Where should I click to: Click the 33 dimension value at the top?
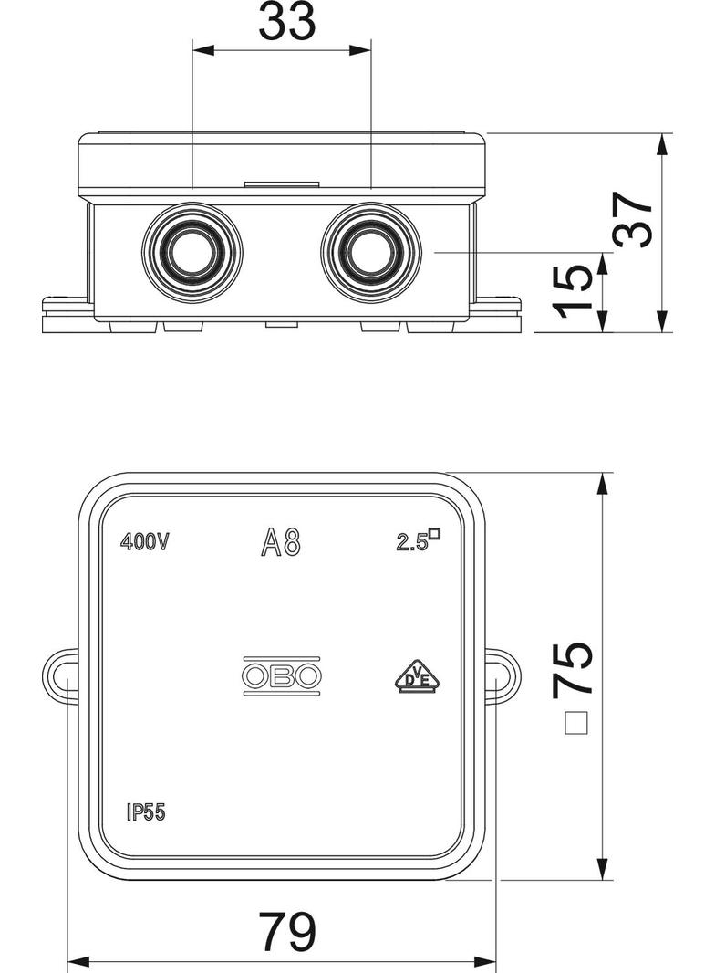click(286, 21)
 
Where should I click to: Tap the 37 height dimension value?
click(634, 218)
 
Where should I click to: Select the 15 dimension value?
click(571, 291)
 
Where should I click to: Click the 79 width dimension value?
click(287, 931)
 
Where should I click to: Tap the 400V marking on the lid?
click(144, 542)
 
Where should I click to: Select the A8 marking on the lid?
click(281, 542)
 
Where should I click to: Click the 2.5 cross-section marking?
click(419, 539)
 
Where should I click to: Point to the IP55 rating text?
click(146, 812)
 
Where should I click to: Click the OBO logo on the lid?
click(282, 676)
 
